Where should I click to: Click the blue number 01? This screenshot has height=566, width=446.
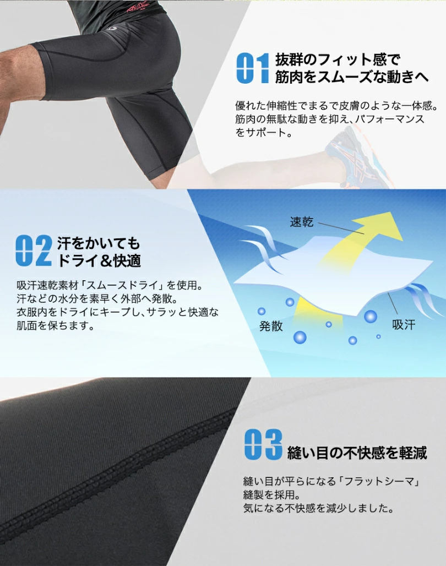pos(252,69)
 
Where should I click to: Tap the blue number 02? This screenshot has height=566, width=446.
pos(34,251)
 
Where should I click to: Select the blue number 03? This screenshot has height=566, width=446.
pos(263,445)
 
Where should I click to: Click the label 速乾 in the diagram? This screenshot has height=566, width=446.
pos(302,222)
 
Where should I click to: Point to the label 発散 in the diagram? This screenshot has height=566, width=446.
pos(271,326)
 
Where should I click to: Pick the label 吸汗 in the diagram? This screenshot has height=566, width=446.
pos(404,324)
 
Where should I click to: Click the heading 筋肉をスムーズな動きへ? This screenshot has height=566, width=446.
pos(351,78)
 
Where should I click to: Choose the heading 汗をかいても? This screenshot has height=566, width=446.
pos(99,242)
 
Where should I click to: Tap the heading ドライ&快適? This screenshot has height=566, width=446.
pos(99,260)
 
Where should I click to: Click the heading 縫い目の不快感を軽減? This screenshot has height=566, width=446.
pos(357,453)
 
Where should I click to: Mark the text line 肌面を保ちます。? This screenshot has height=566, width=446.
pos(55,326)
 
